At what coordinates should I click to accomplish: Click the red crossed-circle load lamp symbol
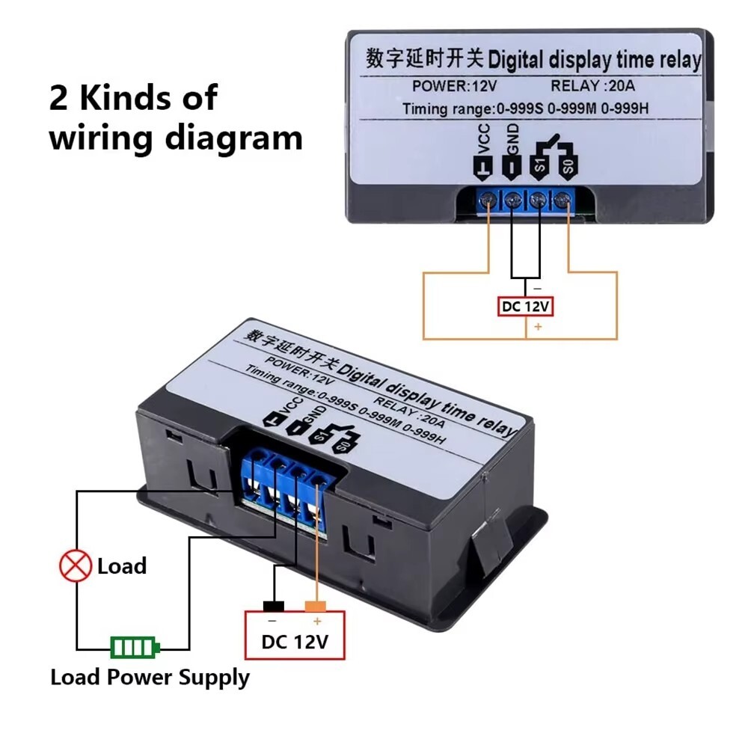click(76, 566)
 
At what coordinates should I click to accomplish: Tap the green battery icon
click(135, 647)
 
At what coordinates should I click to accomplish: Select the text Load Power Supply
click(150, 678)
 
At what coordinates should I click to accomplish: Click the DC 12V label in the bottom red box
click(295, 642)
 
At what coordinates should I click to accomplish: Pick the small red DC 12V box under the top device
click(527, 307)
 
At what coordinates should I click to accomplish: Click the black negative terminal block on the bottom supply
click(272, 606)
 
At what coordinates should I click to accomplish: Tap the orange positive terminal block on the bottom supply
click(316, 606)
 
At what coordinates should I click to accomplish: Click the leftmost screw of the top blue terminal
click(488, 199)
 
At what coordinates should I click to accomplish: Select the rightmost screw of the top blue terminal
click(563, 199)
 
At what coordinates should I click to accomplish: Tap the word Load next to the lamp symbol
click(121, 566)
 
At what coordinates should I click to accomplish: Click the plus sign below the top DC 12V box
click(536, 327)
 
